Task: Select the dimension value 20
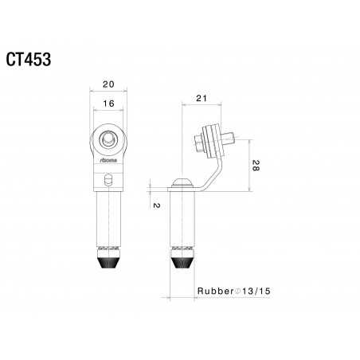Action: click(x=110, y=84)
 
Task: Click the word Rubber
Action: click(x=213, y=292)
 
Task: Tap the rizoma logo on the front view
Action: click(x=110, y=162)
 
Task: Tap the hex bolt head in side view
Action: click(x=199, y=143)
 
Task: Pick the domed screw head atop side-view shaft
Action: click(x=182, y=182)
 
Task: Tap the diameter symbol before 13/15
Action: click(x=237, y=292)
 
